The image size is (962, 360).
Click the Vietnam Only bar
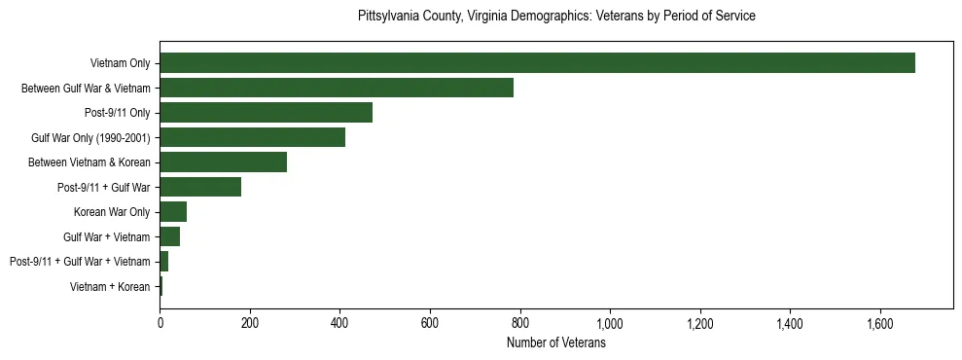click(x=537, y=63)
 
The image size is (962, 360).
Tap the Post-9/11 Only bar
click(x=266, y=113)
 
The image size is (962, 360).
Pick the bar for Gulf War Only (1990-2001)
click(x=252, y=137)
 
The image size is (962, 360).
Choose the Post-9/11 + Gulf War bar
click(x=200, y=187)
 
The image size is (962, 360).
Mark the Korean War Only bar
click(x=173, y=212)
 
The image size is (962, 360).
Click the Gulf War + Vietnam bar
click(x=169, y=236)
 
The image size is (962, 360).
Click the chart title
click(x=556, y=17)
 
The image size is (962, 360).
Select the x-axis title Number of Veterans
click(x=556, y=342)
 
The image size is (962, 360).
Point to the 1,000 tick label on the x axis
click(x=610, y=322)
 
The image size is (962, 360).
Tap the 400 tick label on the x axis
click(x=339, y=322)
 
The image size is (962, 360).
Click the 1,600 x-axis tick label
click(x=880, y=322)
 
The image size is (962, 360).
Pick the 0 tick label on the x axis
click(x=160, y=322)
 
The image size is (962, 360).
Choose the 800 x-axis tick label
click(x=519, y=322)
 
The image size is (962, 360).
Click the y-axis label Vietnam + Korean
click(x=110, y=287)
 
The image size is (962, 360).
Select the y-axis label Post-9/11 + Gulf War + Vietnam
click(x=80, y=262)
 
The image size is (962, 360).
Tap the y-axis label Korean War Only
click(x=112, y=212)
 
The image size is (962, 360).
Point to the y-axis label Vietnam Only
click(x=120, y=63)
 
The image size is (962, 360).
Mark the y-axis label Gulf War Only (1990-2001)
click(x=90, y=137)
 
